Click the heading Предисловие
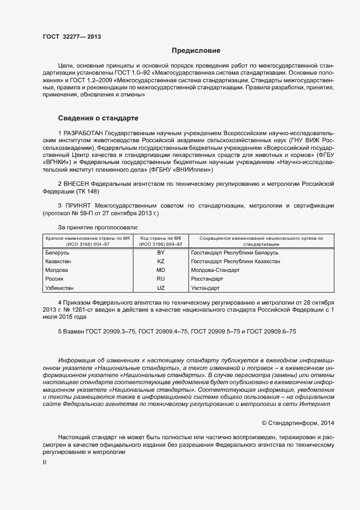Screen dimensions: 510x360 (196, 51)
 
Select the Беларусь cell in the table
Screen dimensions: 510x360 (58, 253)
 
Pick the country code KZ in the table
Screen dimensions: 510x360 (161, 262)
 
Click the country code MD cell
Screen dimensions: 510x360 (161, 270)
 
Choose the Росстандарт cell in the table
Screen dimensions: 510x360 (207, 279)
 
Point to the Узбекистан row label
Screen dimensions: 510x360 (59, 288)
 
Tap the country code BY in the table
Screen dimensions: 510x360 (161, 253)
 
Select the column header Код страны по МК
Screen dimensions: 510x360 (161, 239)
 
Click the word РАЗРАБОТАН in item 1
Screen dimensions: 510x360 (82, 132)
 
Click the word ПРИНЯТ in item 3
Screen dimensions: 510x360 (76, 205)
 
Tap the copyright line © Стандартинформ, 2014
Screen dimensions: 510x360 (298, 423)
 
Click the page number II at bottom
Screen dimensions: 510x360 (45, 462)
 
